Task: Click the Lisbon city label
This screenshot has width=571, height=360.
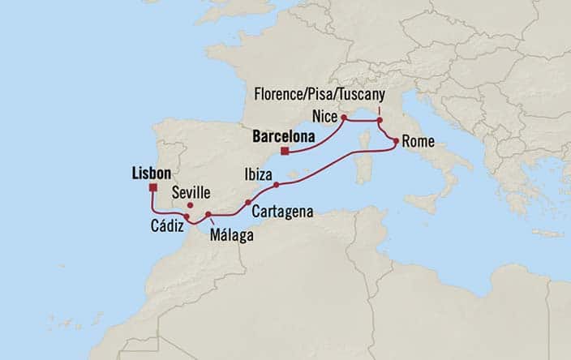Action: point(150,173)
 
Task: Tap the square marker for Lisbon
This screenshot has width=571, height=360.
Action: point(152,188)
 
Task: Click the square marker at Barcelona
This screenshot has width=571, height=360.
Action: point(285,150)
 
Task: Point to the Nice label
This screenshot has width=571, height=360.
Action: point(324,117)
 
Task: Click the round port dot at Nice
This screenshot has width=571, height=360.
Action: point(344,118)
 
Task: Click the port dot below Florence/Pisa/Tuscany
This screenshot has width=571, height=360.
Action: point(379,122)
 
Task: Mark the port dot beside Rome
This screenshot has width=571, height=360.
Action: point(395,142)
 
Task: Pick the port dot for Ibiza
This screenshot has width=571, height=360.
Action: point(277,185)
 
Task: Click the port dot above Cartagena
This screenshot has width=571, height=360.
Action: point(247,203)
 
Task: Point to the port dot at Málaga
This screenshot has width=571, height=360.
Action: point(208,214)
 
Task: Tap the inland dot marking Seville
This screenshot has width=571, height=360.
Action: point(190,205)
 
